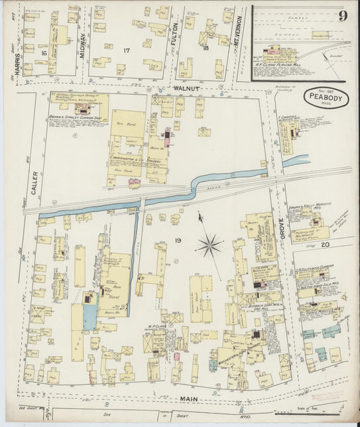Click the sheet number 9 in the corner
343,16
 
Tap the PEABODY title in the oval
326,97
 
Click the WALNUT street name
185,88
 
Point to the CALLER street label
33,182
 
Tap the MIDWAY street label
84,47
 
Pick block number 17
126,50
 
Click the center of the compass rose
209,243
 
